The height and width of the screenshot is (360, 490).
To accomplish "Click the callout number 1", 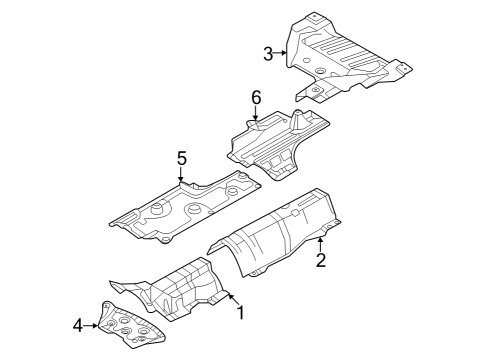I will click(240, 313).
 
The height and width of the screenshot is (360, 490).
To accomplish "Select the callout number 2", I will click(321, 262).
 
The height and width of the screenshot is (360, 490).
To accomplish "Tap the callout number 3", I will click(268, 53).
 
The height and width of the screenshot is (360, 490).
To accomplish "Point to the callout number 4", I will click(78, 324).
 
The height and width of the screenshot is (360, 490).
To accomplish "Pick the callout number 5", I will click(181, 157).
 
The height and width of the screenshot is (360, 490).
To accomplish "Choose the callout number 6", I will click(256, 97).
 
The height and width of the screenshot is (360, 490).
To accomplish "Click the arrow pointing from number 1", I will click(228, 298).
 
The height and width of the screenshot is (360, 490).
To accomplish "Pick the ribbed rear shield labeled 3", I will click(345, 55).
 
